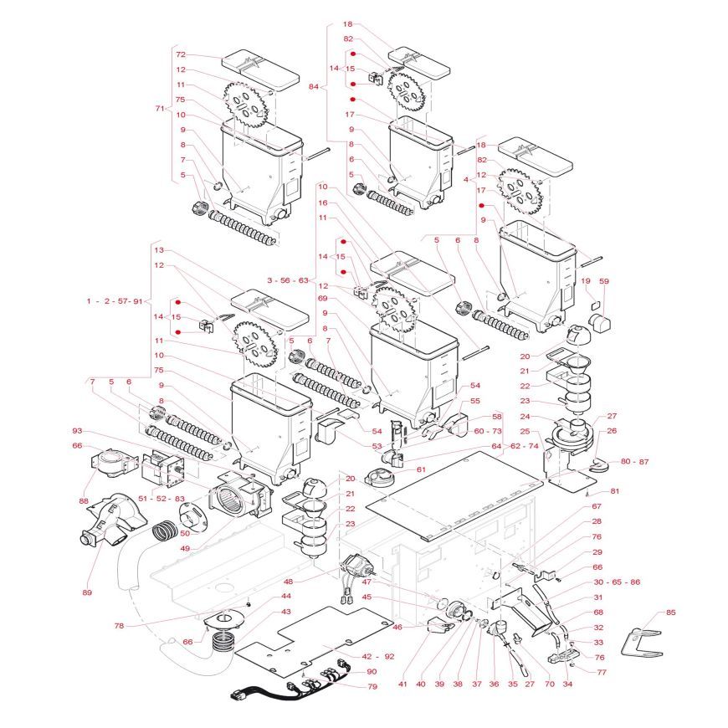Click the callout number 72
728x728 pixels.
180,54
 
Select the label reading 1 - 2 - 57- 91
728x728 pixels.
115,300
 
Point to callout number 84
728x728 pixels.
314,86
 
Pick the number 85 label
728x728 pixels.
670,613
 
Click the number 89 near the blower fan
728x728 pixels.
87,592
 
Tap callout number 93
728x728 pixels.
77,431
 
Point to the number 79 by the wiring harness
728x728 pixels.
372,686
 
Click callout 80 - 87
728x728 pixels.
634,461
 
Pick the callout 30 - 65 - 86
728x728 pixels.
617,582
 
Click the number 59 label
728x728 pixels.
604,281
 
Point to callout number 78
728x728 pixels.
119,625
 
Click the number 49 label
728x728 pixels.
185,549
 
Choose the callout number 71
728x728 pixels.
161,109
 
